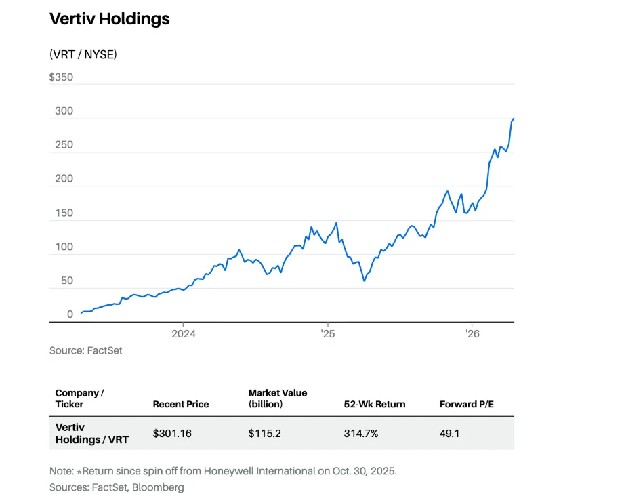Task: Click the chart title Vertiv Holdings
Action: pos(110,19)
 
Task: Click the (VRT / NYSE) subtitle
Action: pos(83,54)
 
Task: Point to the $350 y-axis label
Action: pos(61,77)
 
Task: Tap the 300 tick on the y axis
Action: pos(63,111)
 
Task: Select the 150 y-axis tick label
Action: pos(63,213)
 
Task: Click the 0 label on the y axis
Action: pos(70,314)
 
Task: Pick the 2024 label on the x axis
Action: pos(184,333)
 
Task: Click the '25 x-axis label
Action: pos(327,333)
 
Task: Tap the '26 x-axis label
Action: pos(472,333)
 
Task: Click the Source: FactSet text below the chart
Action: pos(85,350)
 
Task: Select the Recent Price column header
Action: pos(181,404)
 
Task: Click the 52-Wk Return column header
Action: pos(375,404)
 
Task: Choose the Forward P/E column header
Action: pos(467,404)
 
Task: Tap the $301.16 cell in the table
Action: pos(172,433)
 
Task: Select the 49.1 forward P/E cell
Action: pos(450,433)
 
